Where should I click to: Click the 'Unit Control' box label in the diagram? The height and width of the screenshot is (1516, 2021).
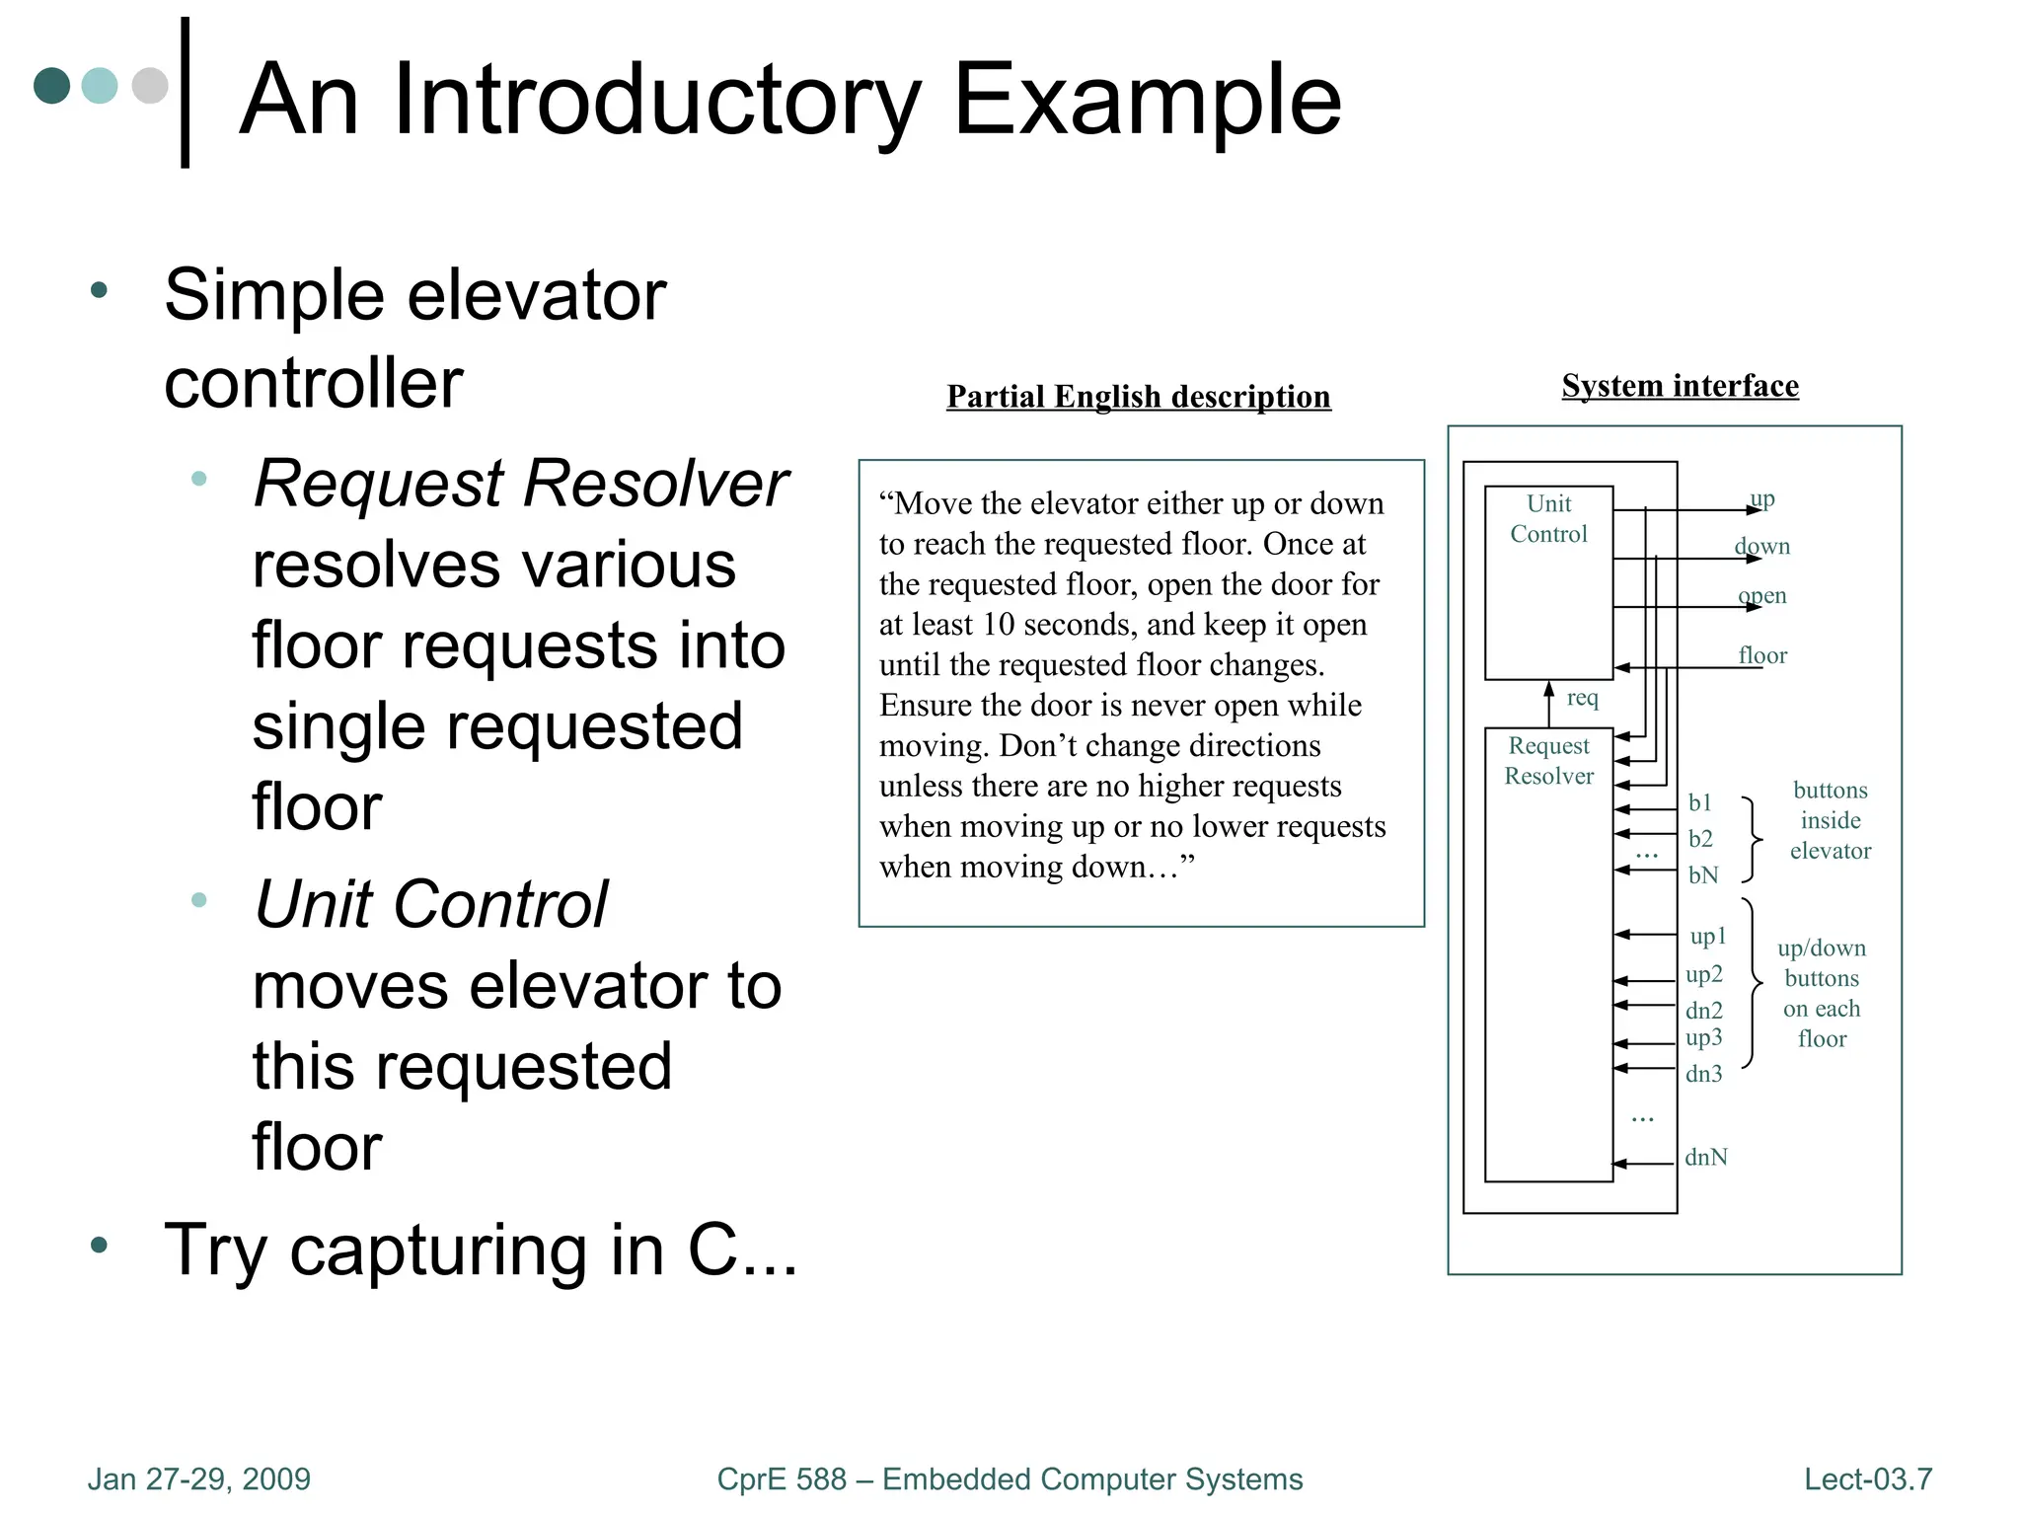[x=1548, y=519]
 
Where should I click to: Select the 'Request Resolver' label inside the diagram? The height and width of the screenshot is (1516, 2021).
[x=1548, y=761]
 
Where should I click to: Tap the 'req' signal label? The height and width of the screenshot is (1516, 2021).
[x=1582, y=698]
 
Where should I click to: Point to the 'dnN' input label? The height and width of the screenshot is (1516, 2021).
[x=1706, y=1157]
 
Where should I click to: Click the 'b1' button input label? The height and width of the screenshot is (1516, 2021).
[x=1699, y=802]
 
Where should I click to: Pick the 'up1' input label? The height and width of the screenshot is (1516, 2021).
[x=1708, y=936]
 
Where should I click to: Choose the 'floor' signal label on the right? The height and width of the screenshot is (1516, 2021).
[x=1762, y=655]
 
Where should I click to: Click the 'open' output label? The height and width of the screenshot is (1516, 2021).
[x=1762, y=596]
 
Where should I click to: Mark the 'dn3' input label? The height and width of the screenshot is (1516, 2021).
[x=1704, y=1074]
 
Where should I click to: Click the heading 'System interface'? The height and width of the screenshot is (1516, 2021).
[x=1680, y=386]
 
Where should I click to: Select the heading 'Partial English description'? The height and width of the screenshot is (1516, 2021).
[x=1138, y=397]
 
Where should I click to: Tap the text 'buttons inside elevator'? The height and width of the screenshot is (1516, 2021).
[x=1831, y=820]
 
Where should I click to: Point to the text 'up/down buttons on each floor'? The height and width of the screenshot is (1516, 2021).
[x=1822, y=993]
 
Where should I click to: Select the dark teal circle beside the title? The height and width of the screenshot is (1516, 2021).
[x=51, y=86]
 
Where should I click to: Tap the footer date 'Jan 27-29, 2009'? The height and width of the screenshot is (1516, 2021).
[x=198, y=1478]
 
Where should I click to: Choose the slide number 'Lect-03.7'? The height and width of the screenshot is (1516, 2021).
[x=1867, y=1478]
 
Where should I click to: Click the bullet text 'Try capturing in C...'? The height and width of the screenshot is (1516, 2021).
[x=481, y=1251]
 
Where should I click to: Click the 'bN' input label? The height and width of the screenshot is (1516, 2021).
[x=1703, y=875]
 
